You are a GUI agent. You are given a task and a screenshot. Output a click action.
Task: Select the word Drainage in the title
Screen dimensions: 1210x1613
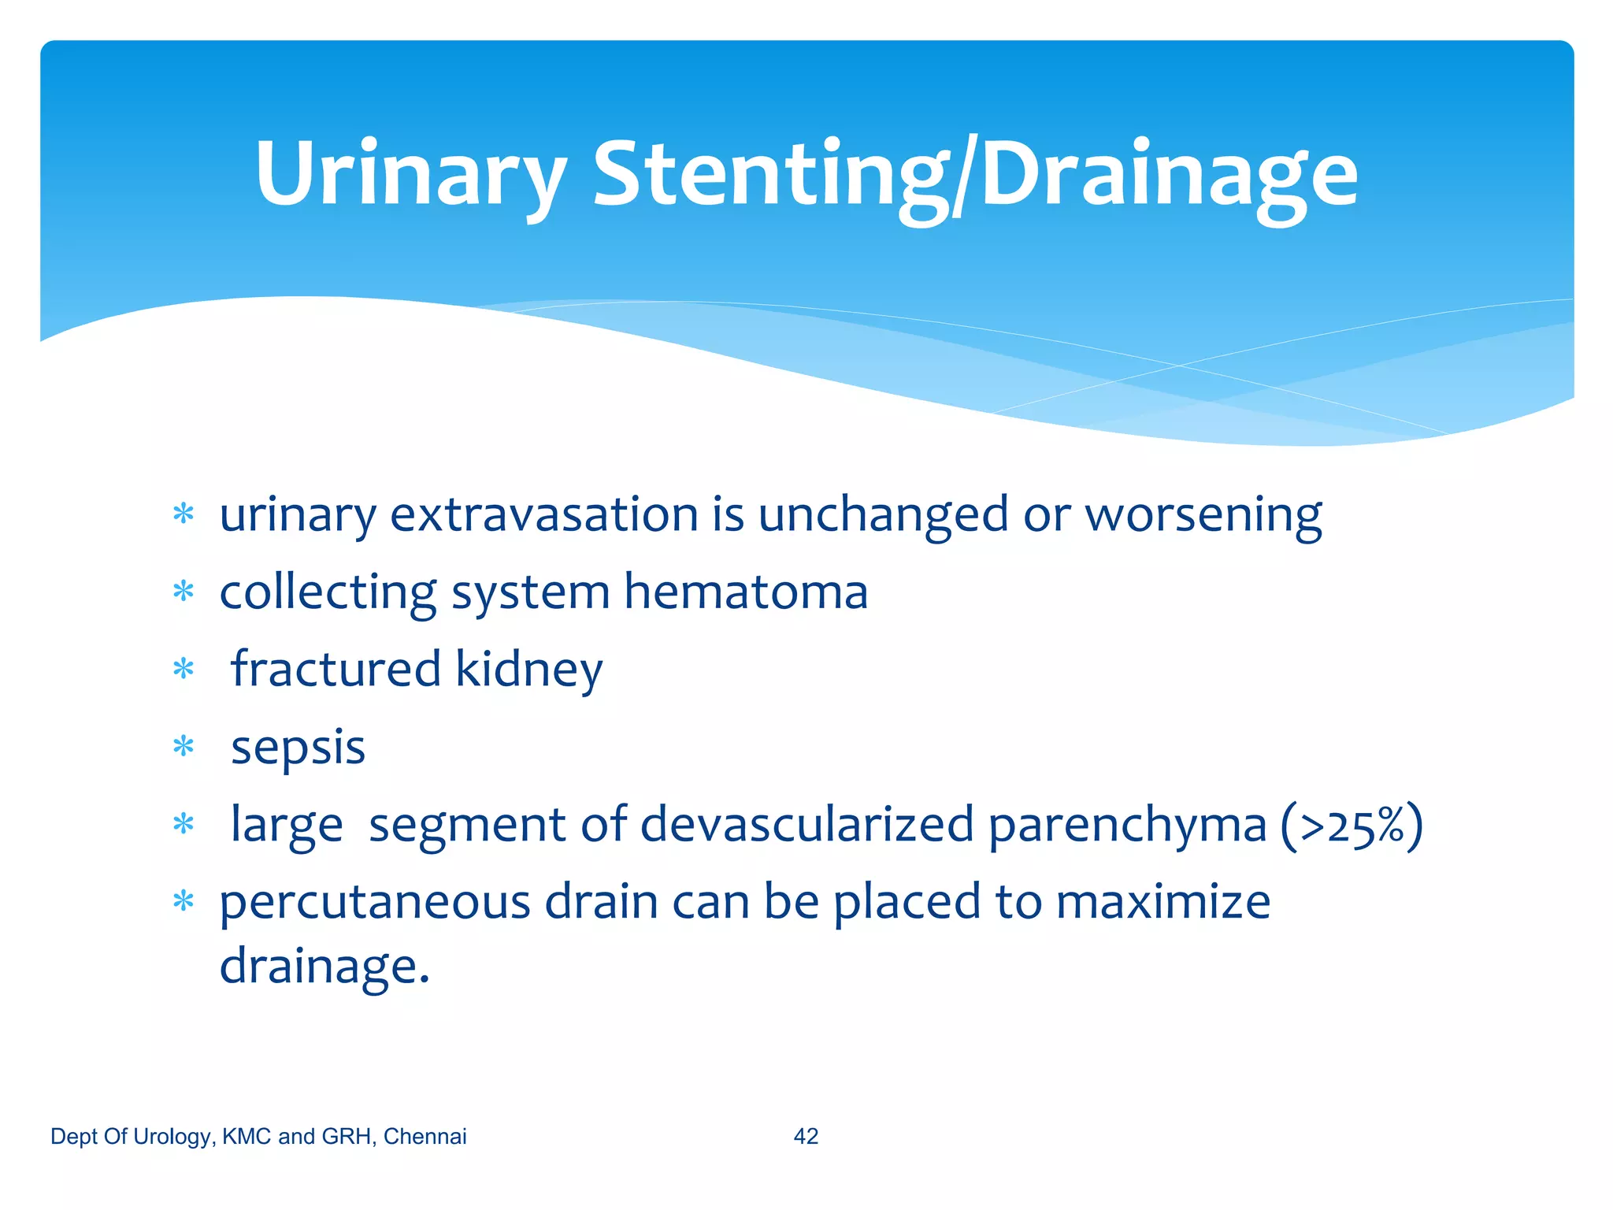[1169, 175]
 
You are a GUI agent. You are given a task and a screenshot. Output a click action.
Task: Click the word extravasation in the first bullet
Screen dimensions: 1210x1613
[543, 515]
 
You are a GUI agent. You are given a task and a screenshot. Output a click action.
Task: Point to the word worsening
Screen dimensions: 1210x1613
[1203, 517]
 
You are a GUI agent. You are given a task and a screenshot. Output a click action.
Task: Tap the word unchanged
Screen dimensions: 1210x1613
[883, 515]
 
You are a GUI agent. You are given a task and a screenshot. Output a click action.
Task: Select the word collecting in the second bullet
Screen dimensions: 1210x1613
[328, 592]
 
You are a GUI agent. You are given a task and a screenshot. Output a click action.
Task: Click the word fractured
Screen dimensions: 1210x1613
[336, 670]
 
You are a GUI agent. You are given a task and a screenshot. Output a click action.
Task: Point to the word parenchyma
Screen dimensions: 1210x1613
[1127, 826]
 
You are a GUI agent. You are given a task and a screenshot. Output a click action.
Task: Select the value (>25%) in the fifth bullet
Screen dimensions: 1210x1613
[1352, 826]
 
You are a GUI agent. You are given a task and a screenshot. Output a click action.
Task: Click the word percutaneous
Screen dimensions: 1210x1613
[375, 903]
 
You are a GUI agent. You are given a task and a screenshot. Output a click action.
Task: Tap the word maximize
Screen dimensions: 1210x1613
[1162, 901]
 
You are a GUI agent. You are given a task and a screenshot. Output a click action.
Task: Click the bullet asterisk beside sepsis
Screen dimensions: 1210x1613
[184, 745]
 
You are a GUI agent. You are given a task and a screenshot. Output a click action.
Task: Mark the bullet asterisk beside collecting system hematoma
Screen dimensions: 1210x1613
[184, 591]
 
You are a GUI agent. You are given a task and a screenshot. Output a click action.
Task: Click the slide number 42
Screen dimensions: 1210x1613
[806, 1136]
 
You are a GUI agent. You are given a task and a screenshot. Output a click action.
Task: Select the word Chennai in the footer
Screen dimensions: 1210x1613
[425, 1136]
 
